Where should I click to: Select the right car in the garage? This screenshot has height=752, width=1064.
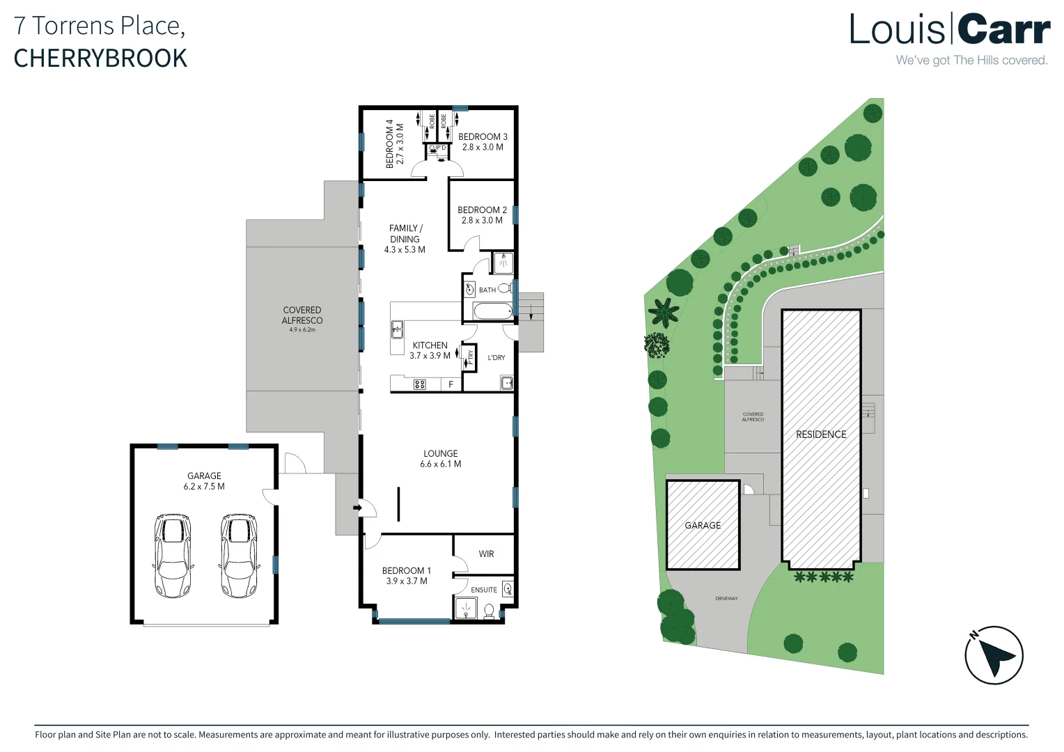coord(239,556)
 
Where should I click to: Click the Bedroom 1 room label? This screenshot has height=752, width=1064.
coord(407,575)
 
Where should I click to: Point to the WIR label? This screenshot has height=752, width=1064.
coord(486,554)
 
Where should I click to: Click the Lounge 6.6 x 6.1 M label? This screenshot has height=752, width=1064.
coord(440,458)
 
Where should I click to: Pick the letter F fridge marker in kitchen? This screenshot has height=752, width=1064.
coord(451,384)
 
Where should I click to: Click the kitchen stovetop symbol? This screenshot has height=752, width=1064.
coord(419,384)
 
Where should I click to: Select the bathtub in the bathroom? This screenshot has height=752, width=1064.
coord(492,311)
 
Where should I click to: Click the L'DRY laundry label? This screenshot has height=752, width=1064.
coord(496,358)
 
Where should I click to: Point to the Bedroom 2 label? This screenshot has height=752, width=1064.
coord(482,214)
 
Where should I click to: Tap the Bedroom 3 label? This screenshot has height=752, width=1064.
coord(483,141)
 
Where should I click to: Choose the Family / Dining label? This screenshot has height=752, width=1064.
coord(405,238)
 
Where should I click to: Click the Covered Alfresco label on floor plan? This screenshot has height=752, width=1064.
coord(302,315)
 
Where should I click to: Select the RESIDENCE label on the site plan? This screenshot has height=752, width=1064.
coord(821,434)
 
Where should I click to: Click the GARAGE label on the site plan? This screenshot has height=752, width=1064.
coord(703,526)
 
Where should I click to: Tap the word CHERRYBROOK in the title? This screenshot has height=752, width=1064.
coord(100,58)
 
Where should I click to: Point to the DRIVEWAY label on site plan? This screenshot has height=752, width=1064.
coord(726,599)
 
